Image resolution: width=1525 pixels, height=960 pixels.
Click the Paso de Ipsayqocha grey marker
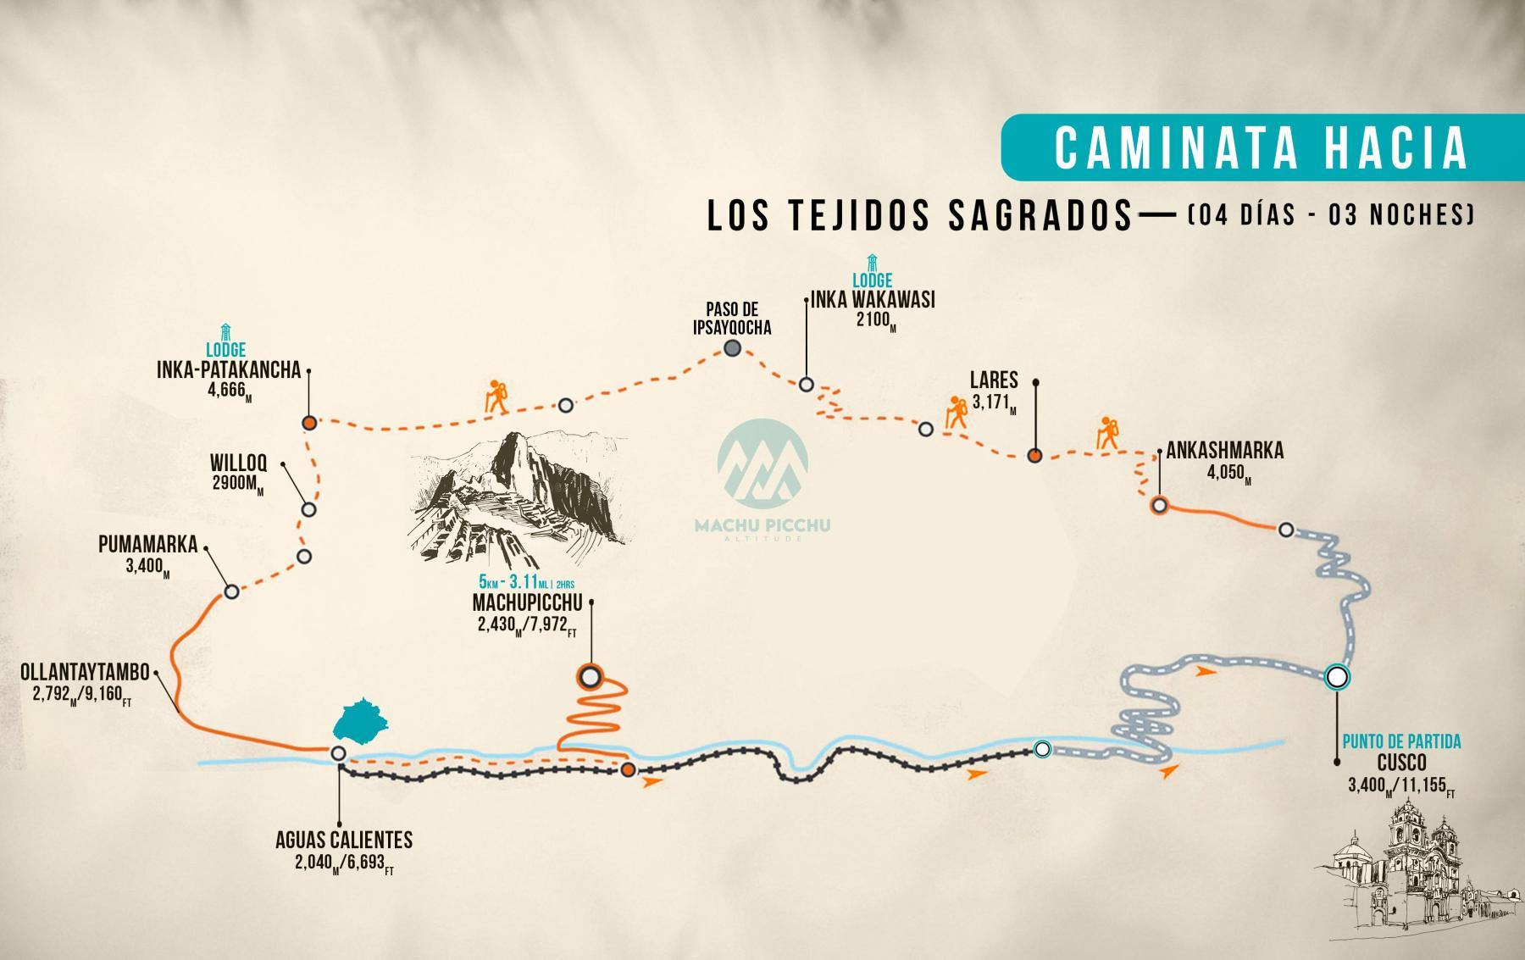pyautogui.click(x=733, y=348)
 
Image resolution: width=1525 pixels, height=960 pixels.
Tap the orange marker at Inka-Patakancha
pyautogui.click(x=310, y=422)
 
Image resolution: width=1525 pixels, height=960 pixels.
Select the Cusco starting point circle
pyautogui.click(x=1336, y=676)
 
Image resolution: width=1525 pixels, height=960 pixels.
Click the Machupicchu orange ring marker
pyautogui.click(x=590, y=676)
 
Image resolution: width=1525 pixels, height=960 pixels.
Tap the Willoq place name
pyautogui.click(x=239, y=463)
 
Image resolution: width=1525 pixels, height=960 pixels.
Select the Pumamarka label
pyautogui.click(x=147, y=544)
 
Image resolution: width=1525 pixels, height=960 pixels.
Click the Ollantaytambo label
pyautogui.click(x=86, y=673)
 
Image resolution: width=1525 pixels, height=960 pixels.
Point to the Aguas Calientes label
pyautogui.click(x=344, y=840)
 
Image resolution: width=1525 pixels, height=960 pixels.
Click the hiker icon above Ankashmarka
pyautogui.click(x=1106, y=432)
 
